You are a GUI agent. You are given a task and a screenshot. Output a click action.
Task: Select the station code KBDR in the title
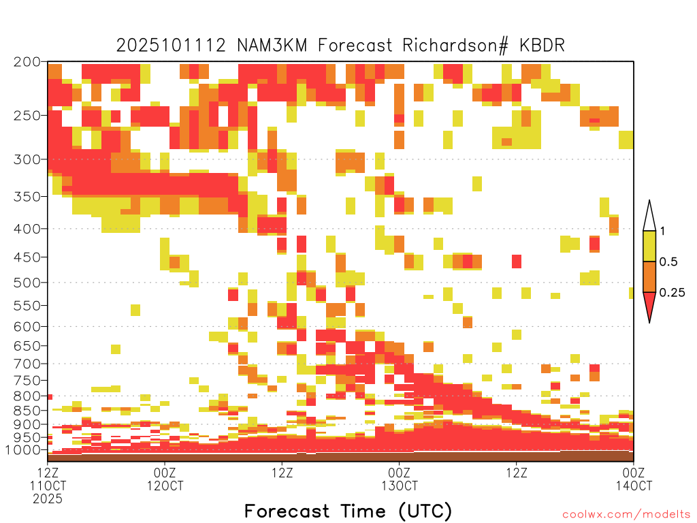tap(542, 46)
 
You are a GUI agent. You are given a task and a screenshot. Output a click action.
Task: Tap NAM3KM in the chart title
tap(272, 46)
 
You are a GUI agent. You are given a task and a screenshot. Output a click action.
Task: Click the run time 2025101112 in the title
tap(171, 46)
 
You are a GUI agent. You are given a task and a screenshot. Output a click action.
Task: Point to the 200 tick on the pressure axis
tap(27, 62)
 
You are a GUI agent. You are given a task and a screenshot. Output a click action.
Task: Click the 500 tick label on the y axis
tap(27, 283)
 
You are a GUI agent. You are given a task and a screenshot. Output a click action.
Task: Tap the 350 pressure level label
tap(27, 197)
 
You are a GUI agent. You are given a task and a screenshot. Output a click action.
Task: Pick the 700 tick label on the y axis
tap(27, 364)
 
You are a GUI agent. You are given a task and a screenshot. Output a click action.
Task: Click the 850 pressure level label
tap(27, 411)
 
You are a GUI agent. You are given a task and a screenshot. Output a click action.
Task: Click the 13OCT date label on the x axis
tap(399, 486)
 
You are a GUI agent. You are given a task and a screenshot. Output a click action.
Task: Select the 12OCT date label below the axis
tap(165, 486)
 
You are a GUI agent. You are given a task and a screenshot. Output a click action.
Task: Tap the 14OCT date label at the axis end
tap(634, 486)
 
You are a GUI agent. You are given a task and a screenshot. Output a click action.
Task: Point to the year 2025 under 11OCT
tap(48, 499)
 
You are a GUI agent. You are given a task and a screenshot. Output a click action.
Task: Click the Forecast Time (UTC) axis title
tap(348, 511)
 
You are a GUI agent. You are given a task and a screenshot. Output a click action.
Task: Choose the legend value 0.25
tap(672, 293)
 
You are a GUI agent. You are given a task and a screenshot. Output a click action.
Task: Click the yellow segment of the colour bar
tap(649, 246)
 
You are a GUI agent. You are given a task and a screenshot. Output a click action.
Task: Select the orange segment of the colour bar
tap(649, 276)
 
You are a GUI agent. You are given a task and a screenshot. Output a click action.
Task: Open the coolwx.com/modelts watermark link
tap(627, 515)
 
